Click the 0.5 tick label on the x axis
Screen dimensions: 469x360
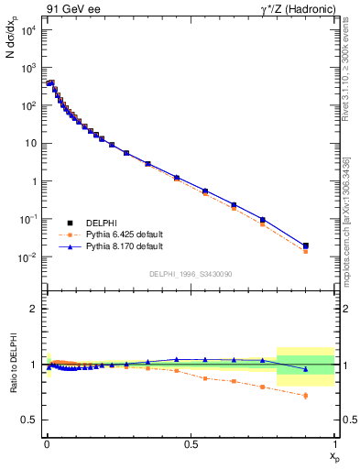pyautogui.click(x=191, y=442)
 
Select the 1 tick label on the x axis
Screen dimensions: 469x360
pyautogui.click(x=334, y=442)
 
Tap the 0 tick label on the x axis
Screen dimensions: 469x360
pyautogui.click(x=47, y=442)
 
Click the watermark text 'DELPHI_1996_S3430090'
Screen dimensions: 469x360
pyautogui.click(x=191, y=274)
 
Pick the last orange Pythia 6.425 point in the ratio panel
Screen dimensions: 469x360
pyautogui.click(x=306, y=396)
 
